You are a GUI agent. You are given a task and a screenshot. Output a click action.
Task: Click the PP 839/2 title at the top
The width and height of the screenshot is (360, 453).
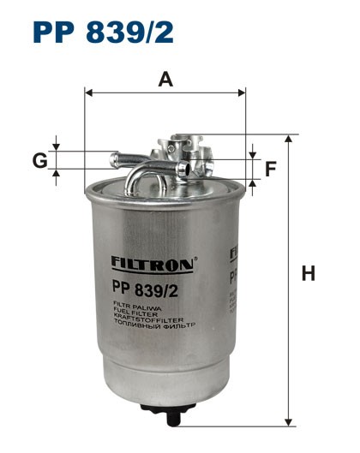103,33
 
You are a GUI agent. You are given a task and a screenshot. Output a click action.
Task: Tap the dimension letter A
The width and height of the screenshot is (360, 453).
165,80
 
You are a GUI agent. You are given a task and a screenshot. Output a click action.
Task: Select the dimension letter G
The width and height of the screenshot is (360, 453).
39,160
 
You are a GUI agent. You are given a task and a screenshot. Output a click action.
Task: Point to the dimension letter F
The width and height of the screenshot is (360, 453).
270,169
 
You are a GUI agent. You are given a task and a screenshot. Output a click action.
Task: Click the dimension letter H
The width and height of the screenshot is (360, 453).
309,274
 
